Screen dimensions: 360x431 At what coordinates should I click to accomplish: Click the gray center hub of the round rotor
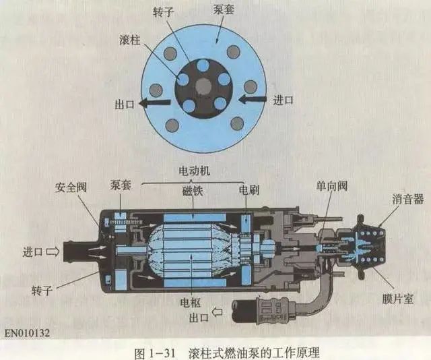pyautogui.click(x=203, y=86)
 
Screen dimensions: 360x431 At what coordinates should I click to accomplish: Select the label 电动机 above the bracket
pyautogui.click(x=193, y=171)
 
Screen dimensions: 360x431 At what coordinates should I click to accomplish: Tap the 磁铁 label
pyautogui.click(x=193, y=191)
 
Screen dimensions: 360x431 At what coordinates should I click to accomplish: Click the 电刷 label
pyautogui.click(x=248, y=191)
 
